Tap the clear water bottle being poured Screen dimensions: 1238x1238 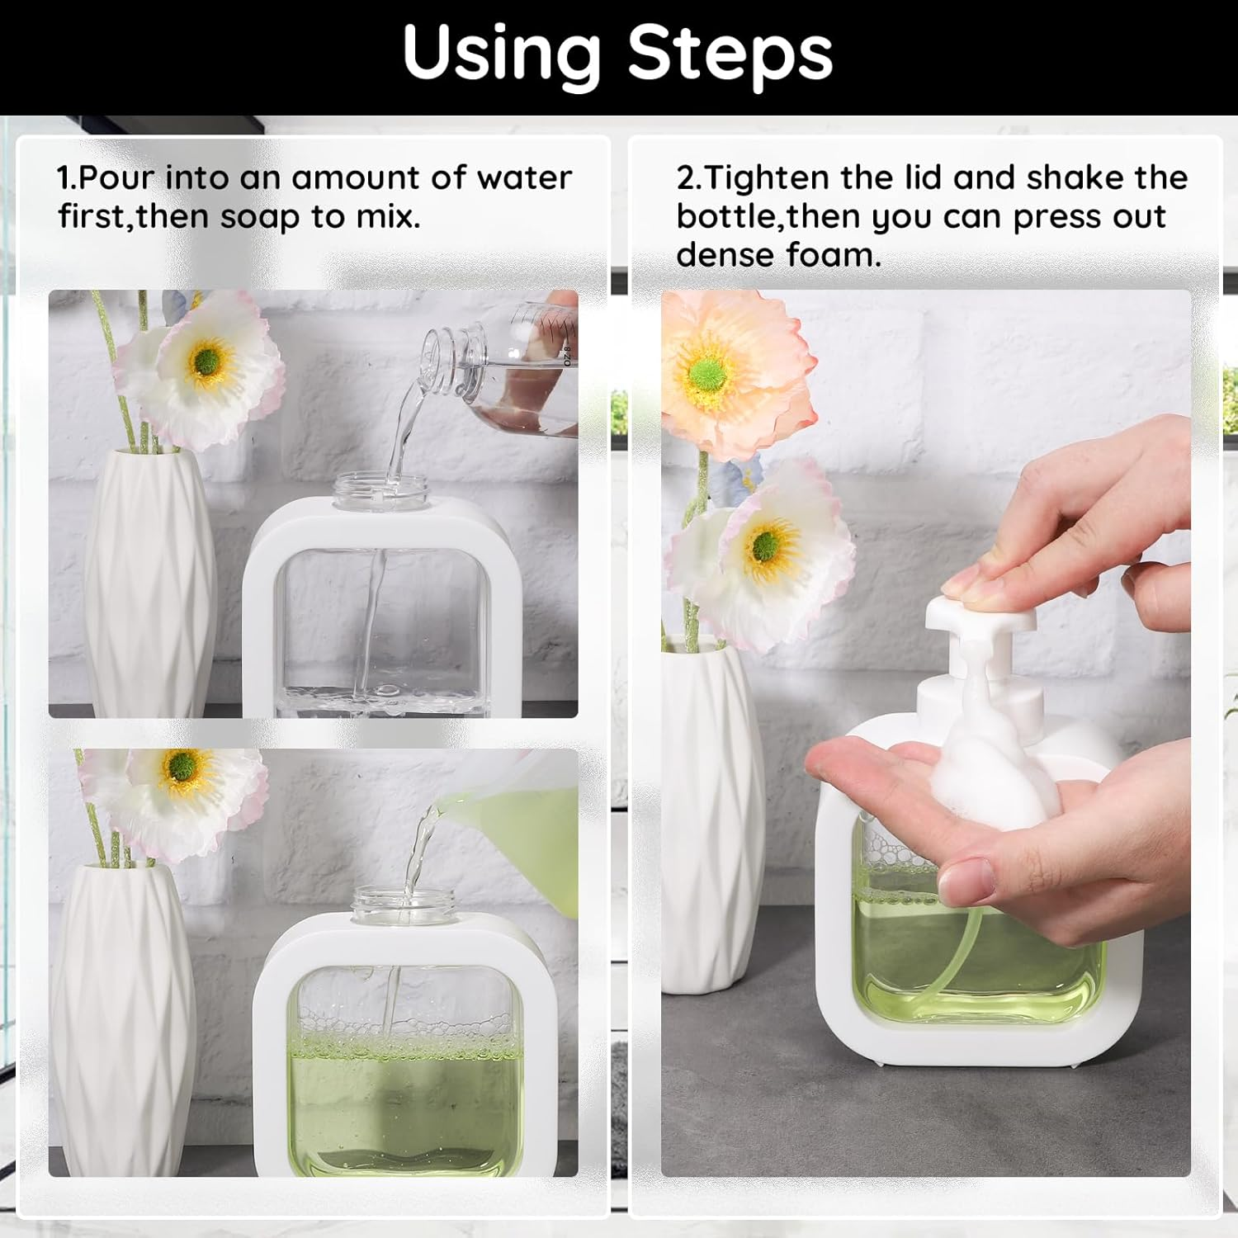(512, 371)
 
